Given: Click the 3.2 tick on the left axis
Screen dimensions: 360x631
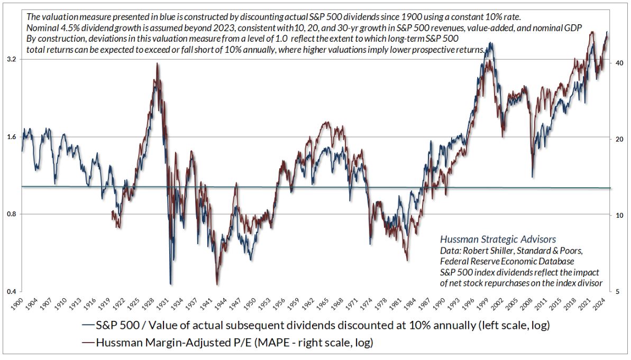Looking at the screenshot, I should click(11, 60).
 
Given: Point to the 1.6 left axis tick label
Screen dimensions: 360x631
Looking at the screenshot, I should click(11, 137).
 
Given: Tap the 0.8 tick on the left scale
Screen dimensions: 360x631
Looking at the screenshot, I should click(11, 214).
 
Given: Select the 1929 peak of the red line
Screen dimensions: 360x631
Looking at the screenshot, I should click(157, 64).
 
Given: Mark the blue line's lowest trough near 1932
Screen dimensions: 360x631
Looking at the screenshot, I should click(170, 284).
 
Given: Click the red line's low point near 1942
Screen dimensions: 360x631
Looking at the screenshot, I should click(217, 284).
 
